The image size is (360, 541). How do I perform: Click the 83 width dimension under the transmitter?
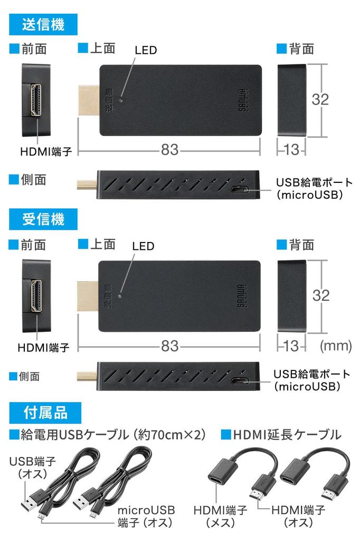(169, 150)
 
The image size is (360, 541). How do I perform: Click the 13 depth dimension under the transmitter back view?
(291, 150)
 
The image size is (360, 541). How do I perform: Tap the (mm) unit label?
(336, 346)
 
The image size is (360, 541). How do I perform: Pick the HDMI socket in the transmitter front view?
(37, 100)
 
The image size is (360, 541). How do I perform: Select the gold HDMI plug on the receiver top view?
(88, 294)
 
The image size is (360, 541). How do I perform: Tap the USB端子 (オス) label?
(33, 467)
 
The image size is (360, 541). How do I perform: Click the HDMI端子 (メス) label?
(220, 516)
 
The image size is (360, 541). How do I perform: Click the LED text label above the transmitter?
(146, 51)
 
